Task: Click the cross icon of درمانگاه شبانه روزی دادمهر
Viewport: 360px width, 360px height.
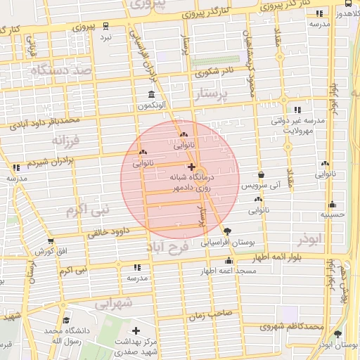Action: click(x=192, y=167)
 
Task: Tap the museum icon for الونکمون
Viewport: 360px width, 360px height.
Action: click(x=152, y=94)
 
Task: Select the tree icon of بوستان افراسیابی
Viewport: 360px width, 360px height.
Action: click(x=227, y=231)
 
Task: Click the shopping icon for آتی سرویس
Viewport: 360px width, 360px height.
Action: click(x=262, y=176)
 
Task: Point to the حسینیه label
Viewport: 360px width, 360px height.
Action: click(x=332, y=214)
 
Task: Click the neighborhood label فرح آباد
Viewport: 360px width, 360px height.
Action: click(x=168, y=247)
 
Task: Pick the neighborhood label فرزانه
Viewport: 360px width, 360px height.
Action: click(x=67, y=141)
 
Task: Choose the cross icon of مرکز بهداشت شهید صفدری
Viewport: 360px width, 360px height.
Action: click(x=136, y=330)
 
